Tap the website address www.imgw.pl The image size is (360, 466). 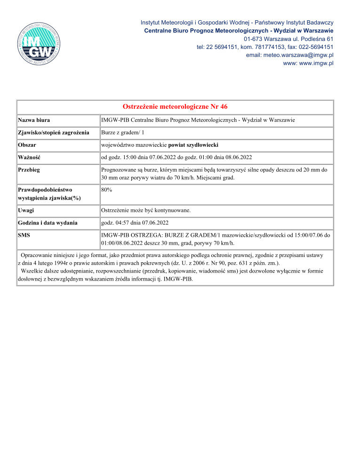pos(308,64)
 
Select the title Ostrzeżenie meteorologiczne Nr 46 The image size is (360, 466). pos(175,107)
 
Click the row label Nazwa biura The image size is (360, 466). pos(34,120)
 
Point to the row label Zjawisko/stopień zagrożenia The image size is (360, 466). pos(54,133)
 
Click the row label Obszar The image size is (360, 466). pos(28,145)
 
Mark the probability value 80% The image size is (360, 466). pos(107,190)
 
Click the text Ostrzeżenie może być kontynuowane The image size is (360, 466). pos(146,210)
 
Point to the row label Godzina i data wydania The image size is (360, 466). pos(48,223)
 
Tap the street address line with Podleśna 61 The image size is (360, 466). pos(289,39)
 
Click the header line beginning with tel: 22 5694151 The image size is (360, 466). pos(265,47)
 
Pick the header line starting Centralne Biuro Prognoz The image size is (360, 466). pos(239,31)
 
